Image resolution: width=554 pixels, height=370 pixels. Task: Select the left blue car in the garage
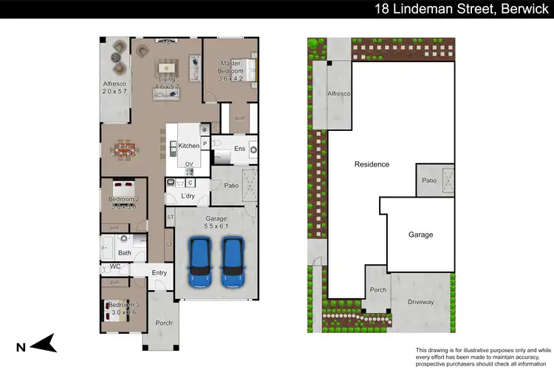[x=200, y=262]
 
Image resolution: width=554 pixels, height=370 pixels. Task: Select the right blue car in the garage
[x=234, y=262]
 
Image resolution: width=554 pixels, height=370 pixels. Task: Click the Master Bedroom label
[x=232, y=68]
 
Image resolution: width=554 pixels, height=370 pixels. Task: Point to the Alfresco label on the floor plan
[x=114, y=85]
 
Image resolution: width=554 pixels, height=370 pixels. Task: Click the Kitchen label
[x=189, y=147]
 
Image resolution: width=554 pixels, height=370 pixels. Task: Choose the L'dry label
[x=188, y=195]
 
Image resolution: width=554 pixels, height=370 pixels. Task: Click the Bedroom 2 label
[x=123, y=199]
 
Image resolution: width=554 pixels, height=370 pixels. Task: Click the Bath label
[x=124, y=253]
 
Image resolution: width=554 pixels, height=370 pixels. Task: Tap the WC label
[x=115, y=266]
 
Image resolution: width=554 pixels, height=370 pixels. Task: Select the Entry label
[x=160, y=273]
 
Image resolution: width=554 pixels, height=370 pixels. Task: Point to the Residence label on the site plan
[x=372, y=164]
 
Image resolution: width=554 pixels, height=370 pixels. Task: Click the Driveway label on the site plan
[x=420, y=302]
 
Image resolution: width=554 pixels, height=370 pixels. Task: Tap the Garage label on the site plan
[x=420, y=235]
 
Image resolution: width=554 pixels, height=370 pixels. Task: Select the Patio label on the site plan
[x=428, y=181]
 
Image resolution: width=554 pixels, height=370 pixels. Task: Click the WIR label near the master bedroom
[x=239, y=118]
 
